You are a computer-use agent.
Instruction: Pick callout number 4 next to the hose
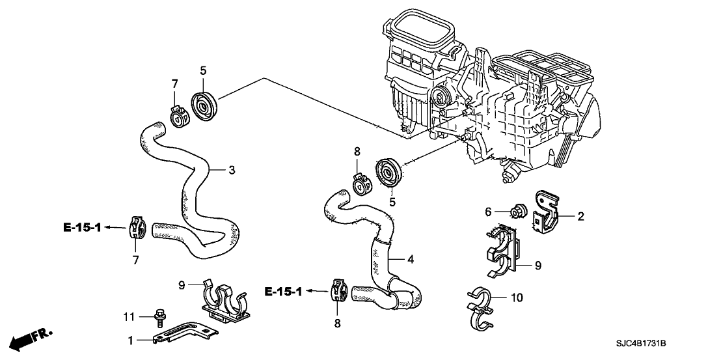pos(411,260)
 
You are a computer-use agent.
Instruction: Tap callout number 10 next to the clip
pos(517,298)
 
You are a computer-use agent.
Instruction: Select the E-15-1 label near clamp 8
pos(283,291)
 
